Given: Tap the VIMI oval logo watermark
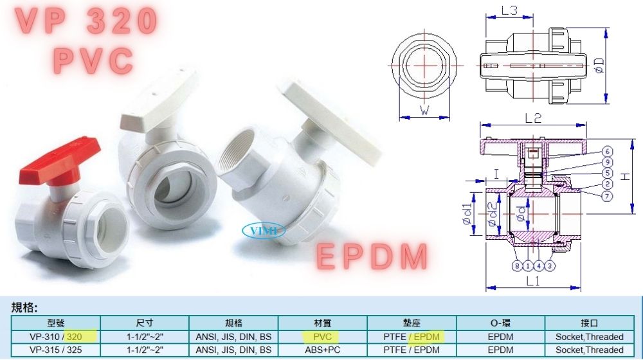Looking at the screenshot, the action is [x=264, y=230].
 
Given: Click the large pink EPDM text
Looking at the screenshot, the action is [x=372, y=257].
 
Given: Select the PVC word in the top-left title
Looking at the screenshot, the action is [x=93, y=60].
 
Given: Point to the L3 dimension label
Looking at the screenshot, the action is [x=509, y=10].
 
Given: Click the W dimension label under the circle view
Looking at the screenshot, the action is [x=424, y=110].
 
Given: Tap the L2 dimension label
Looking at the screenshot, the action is [x=533, y=118].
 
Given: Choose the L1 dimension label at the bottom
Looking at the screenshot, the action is [x=532, y=281].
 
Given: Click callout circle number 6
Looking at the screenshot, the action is [x=608, y=151].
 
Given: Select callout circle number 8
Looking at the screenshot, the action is [x=517, y=266].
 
